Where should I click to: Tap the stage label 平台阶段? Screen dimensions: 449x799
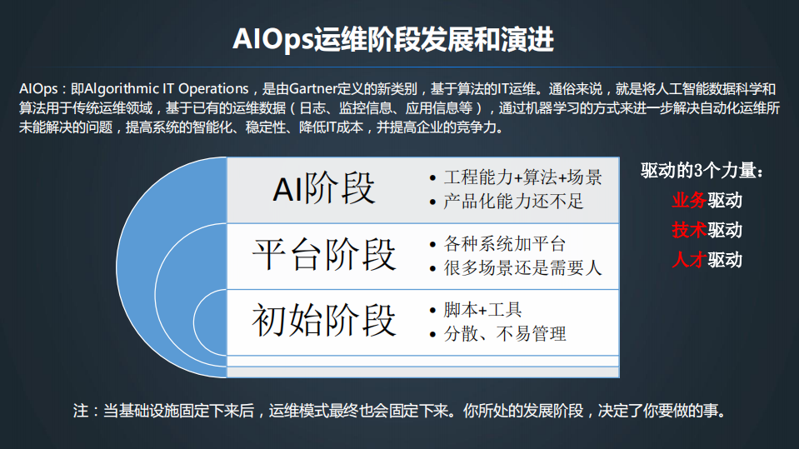pos(324,253)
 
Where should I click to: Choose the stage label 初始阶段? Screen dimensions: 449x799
pos(324,319)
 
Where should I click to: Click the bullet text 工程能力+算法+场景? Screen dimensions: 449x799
pos(523,177)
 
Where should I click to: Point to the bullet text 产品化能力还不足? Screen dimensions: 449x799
pos(514,202)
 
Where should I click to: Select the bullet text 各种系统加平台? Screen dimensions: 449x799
pos(505,244)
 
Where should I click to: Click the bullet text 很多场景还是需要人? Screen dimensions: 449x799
pos(523,268)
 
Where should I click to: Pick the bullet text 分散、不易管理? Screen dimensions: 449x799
pos(505,334)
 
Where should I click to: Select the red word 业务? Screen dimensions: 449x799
pos(689,201)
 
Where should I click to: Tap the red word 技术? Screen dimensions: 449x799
pos(689,230)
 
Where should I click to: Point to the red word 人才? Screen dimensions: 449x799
pos(689,259)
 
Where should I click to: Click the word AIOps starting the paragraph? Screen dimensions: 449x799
pos(37,88)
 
